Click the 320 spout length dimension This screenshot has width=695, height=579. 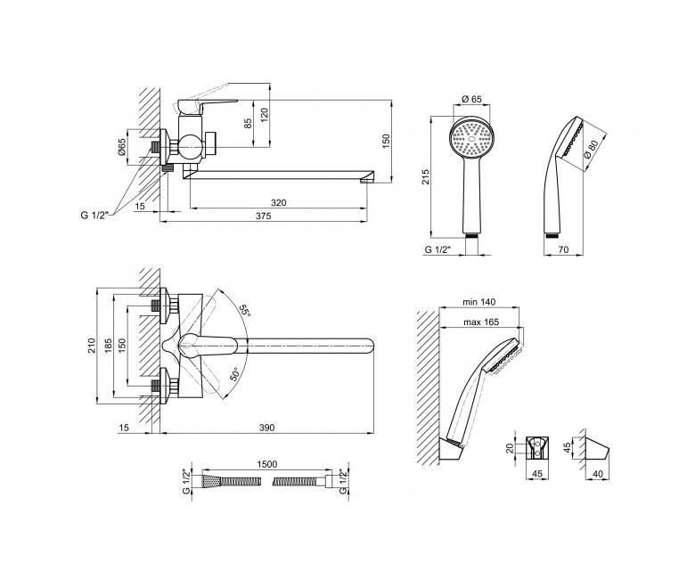(x=278, y=203)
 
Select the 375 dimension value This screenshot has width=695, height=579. (x=263, y=216)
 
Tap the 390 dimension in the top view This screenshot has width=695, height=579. (x=266, y=428)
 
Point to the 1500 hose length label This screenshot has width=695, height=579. (x=266, y=464)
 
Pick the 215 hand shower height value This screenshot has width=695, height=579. (x=426, y=177)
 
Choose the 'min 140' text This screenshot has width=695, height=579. (x=479, y=302)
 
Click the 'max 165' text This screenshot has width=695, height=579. (x=481, y=322)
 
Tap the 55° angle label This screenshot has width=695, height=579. (x=244, y=311)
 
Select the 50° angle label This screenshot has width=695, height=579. (x=235, y=374)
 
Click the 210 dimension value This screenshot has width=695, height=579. (x=91, y=346)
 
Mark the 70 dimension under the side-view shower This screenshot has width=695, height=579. (x=562, y=249)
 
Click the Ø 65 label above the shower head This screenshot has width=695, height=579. (x=471, y=99)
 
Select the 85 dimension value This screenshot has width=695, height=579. (x=249, y=123)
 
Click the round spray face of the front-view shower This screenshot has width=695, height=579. (x=471, y=138)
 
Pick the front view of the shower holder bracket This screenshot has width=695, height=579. (x=536, y=447)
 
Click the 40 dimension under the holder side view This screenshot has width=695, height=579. (x=598, y=474)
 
